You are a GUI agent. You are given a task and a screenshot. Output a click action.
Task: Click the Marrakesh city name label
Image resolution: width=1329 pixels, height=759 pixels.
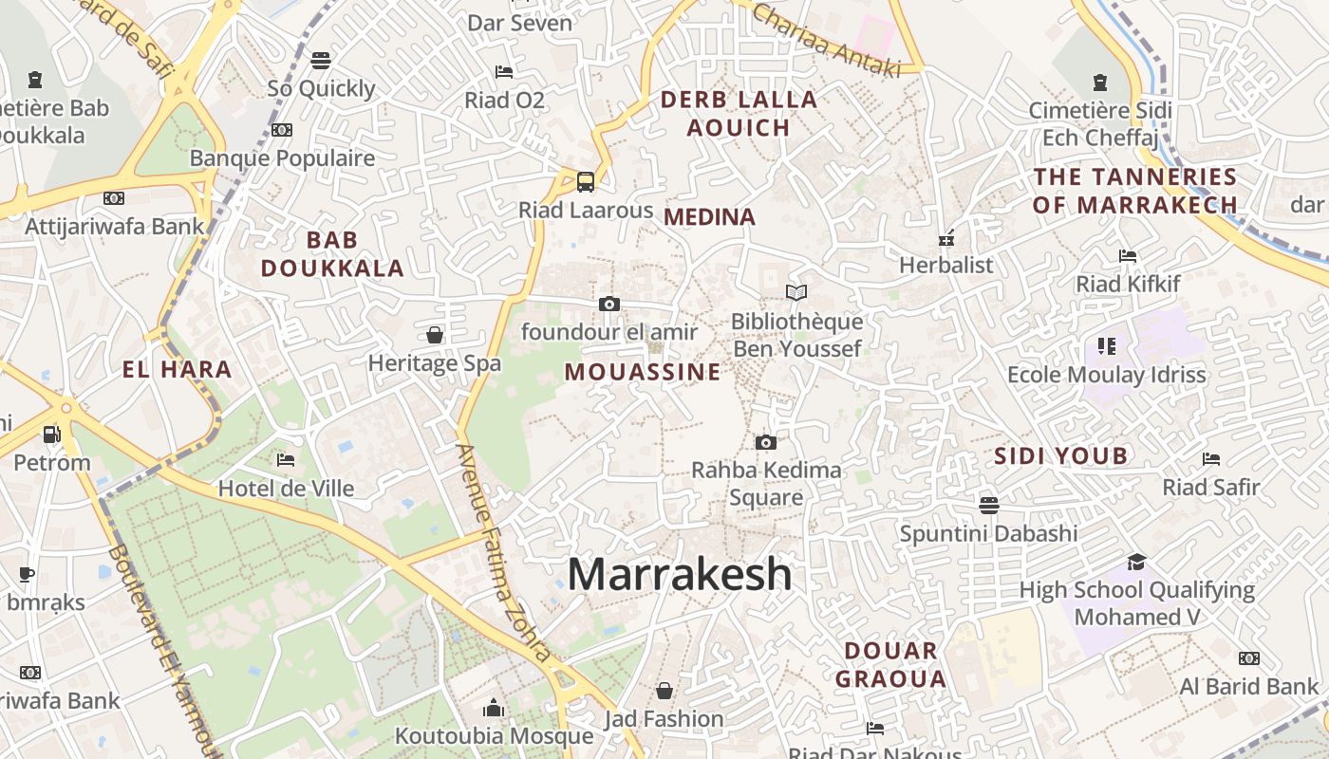tap(680, 574)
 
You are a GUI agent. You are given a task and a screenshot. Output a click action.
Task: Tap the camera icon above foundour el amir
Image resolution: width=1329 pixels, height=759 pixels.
tap(609, 304)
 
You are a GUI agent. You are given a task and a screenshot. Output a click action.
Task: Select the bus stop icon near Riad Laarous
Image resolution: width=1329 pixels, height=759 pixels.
tap(586, 181)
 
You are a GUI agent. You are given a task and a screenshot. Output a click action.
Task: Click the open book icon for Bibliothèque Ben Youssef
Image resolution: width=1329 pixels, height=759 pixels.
tap(796, 292)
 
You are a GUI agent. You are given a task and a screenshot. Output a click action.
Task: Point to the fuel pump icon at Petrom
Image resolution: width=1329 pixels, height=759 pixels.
tap(51, 435)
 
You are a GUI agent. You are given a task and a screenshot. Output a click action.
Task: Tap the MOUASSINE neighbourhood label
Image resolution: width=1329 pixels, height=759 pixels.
tap(643, 372)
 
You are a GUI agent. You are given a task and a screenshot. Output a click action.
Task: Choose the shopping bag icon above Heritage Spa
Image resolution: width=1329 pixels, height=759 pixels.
tap(435, 335)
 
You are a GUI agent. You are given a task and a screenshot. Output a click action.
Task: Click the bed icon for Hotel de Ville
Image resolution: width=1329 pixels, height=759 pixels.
tap(286, 460)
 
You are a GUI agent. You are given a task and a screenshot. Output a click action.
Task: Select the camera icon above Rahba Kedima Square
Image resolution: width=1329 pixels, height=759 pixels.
tap(766, 442)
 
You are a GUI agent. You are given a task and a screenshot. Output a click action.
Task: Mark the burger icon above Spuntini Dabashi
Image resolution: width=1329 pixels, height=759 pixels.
tap(989, 504)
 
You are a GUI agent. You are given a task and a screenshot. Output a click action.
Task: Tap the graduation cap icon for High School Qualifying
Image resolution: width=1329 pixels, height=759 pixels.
tap(1136, 562)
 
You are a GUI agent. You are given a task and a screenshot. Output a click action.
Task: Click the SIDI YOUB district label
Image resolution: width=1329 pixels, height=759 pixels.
tap(1060, 456)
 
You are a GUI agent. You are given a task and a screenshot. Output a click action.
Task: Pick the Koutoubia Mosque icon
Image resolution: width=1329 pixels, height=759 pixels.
tap(493, 708)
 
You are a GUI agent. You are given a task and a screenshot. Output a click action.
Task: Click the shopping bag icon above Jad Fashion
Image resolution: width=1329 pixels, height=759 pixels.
tap(664, 690)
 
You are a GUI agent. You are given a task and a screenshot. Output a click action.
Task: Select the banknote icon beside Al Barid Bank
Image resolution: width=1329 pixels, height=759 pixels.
tap(1249, 658)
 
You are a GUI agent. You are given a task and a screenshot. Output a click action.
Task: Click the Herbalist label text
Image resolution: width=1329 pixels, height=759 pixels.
tap(946, 265)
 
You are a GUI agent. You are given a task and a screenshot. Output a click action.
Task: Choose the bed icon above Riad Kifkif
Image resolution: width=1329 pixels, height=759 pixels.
tap(1128, 256)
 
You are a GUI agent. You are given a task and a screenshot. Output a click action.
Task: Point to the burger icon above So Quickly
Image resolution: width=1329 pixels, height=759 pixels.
tap(321, 61)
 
